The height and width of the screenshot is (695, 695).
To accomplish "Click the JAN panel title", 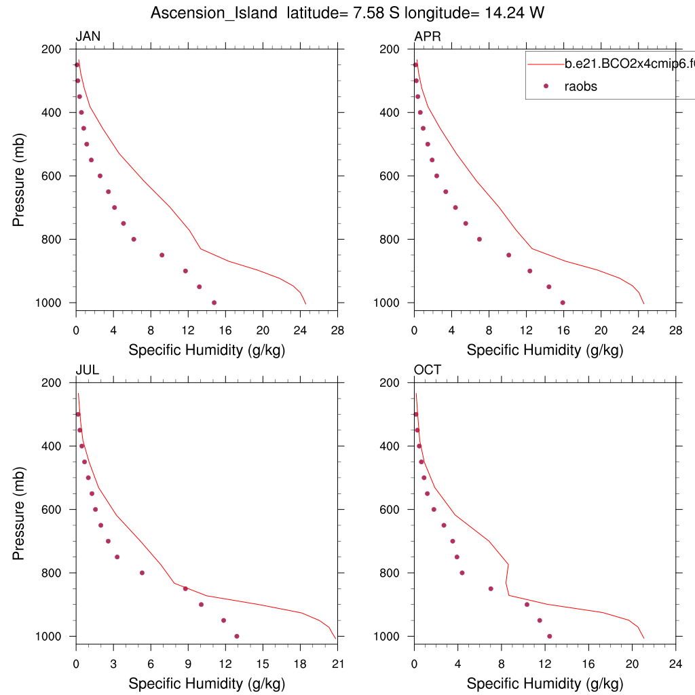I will pos(88,37).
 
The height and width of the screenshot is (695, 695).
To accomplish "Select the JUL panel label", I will pos(87,370).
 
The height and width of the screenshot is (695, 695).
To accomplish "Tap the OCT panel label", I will pos(428,370).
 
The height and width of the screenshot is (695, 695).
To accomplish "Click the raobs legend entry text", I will pos(581,86).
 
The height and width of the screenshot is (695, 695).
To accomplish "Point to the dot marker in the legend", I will pos(546,86).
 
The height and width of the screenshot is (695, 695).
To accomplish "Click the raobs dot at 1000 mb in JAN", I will pos(214,303).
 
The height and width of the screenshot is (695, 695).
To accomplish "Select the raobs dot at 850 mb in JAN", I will pos(162,255).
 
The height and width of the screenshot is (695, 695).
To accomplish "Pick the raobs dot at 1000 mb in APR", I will pos(563,303).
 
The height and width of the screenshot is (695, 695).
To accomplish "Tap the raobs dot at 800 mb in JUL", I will pos(142,573).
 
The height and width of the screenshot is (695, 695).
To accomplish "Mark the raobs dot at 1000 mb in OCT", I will pos(549,636).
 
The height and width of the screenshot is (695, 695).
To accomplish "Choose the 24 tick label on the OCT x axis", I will pos(675,664).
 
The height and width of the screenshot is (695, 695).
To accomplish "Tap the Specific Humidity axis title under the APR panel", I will pos(545,350).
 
